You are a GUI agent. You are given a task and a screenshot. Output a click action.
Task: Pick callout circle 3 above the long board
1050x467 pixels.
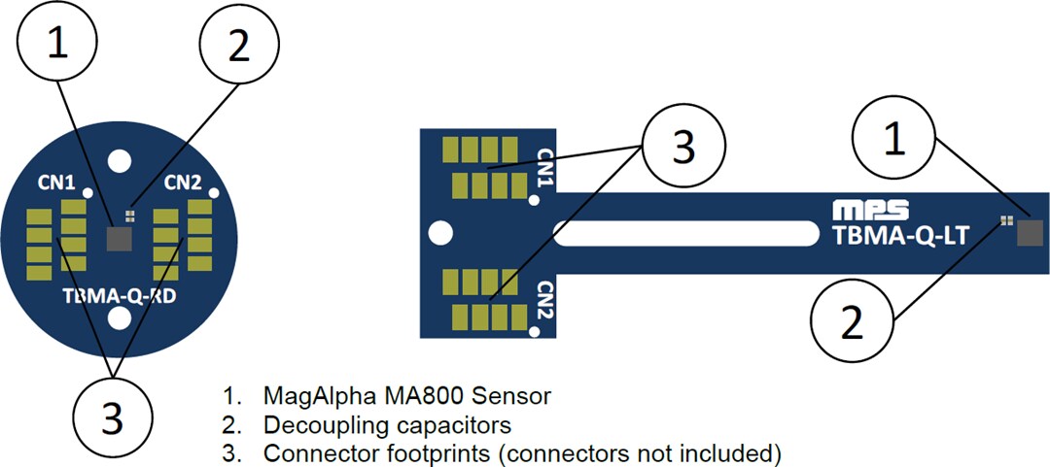pyautogui.click(x=683, y=147)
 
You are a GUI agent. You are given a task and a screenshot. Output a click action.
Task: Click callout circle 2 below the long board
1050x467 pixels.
pyautogui.click(x=851, y=322)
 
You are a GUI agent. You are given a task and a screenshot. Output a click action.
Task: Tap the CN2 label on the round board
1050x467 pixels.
pyautogui.click(x=182, y=182)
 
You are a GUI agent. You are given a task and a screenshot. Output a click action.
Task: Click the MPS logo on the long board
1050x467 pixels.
pyautogui.click(x=871, y=209)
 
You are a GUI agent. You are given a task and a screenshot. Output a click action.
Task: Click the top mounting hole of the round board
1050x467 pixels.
pyautogui.click(x=120, y=157)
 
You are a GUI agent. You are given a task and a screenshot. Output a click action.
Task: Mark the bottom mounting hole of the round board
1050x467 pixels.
pyautogui.click(x=120, y=318)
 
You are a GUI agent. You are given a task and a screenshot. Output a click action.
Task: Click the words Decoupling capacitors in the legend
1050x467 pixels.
pyautogui.click(x=387, y=424)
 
